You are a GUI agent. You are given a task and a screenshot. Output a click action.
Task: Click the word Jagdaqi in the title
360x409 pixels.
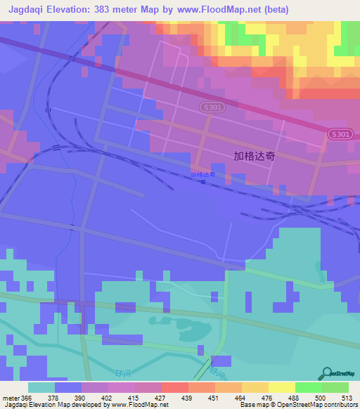(x=27, y=9)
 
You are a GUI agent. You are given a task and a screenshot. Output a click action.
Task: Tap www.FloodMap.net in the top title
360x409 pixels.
(x=216, y=9)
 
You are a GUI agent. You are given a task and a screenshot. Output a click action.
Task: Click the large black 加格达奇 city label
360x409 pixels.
(x=253, y=157)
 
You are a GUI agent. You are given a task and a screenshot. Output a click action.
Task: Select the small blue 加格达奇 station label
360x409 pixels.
(x=202, y=174)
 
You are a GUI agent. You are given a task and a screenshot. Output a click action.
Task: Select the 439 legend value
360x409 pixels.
(x=187, y=398)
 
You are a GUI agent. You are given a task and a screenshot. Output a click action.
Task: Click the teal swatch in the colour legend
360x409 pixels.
(x=41, y=387)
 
